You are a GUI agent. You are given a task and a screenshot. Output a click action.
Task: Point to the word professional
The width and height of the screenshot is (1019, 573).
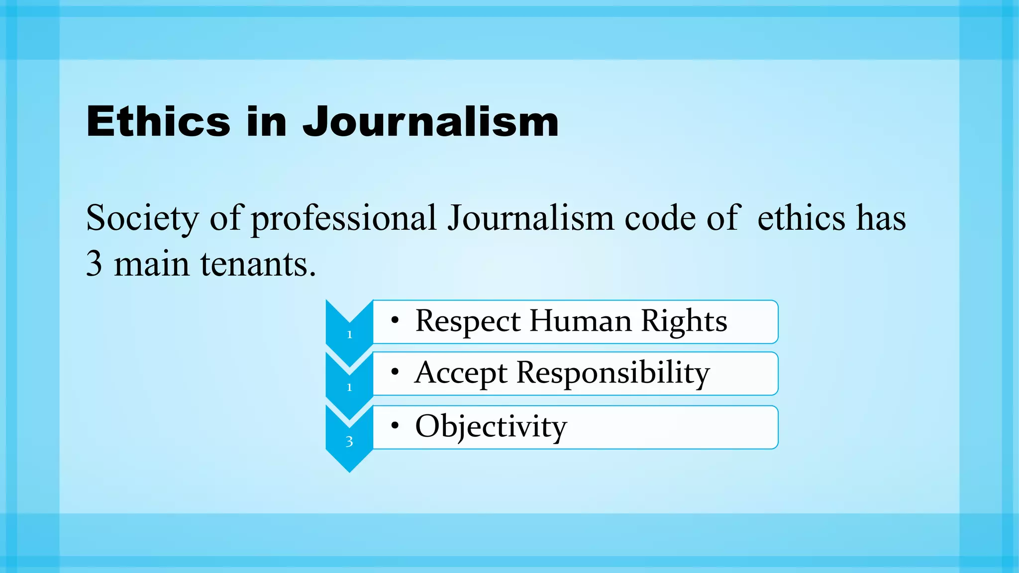[343, 219]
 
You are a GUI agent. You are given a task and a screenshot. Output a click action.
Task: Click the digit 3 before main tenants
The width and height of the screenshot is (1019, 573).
[94, 264]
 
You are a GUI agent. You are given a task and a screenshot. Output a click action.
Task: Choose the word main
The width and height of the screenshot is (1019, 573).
[152, 264]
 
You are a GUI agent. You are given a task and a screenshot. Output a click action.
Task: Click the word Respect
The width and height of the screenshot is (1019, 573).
[468, 321]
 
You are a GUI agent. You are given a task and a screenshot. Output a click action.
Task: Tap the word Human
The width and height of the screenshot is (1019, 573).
[581, 321]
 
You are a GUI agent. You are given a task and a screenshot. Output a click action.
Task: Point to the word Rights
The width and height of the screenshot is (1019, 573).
[684, 321]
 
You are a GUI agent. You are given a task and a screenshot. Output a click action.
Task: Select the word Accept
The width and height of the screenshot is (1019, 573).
[461, 373]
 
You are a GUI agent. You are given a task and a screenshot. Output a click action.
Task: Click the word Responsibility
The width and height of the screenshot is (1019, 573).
[613, 373]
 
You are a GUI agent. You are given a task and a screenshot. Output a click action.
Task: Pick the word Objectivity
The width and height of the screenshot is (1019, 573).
[491, 427]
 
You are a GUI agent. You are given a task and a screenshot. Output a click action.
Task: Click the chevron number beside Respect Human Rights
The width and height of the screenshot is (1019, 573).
[349, 335]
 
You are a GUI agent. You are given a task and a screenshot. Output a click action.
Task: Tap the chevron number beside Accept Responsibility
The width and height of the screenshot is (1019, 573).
[349, 387]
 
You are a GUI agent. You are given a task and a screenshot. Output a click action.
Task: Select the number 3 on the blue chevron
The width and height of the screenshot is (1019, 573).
[349, 442]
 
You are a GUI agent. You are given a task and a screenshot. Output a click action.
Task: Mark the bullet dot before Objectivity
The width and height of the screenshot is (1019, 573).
[395, 425]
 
